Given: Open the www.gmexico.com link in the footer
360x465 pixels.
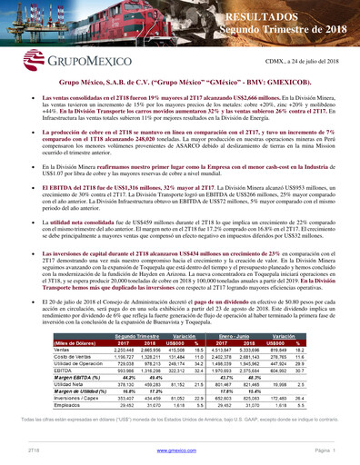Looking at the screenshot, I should pyautogui.click(x=179, y=451).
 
